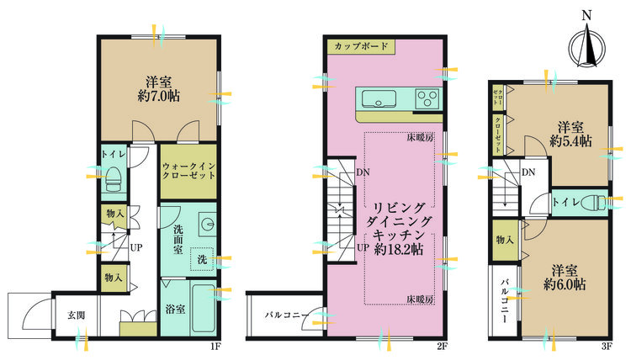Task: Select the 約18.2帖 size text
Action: click(x=400, y=249)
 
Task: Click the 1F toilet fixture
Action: click(x=114, y=177)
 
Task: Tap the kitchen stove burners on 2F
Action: click(x=427, y=100)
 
